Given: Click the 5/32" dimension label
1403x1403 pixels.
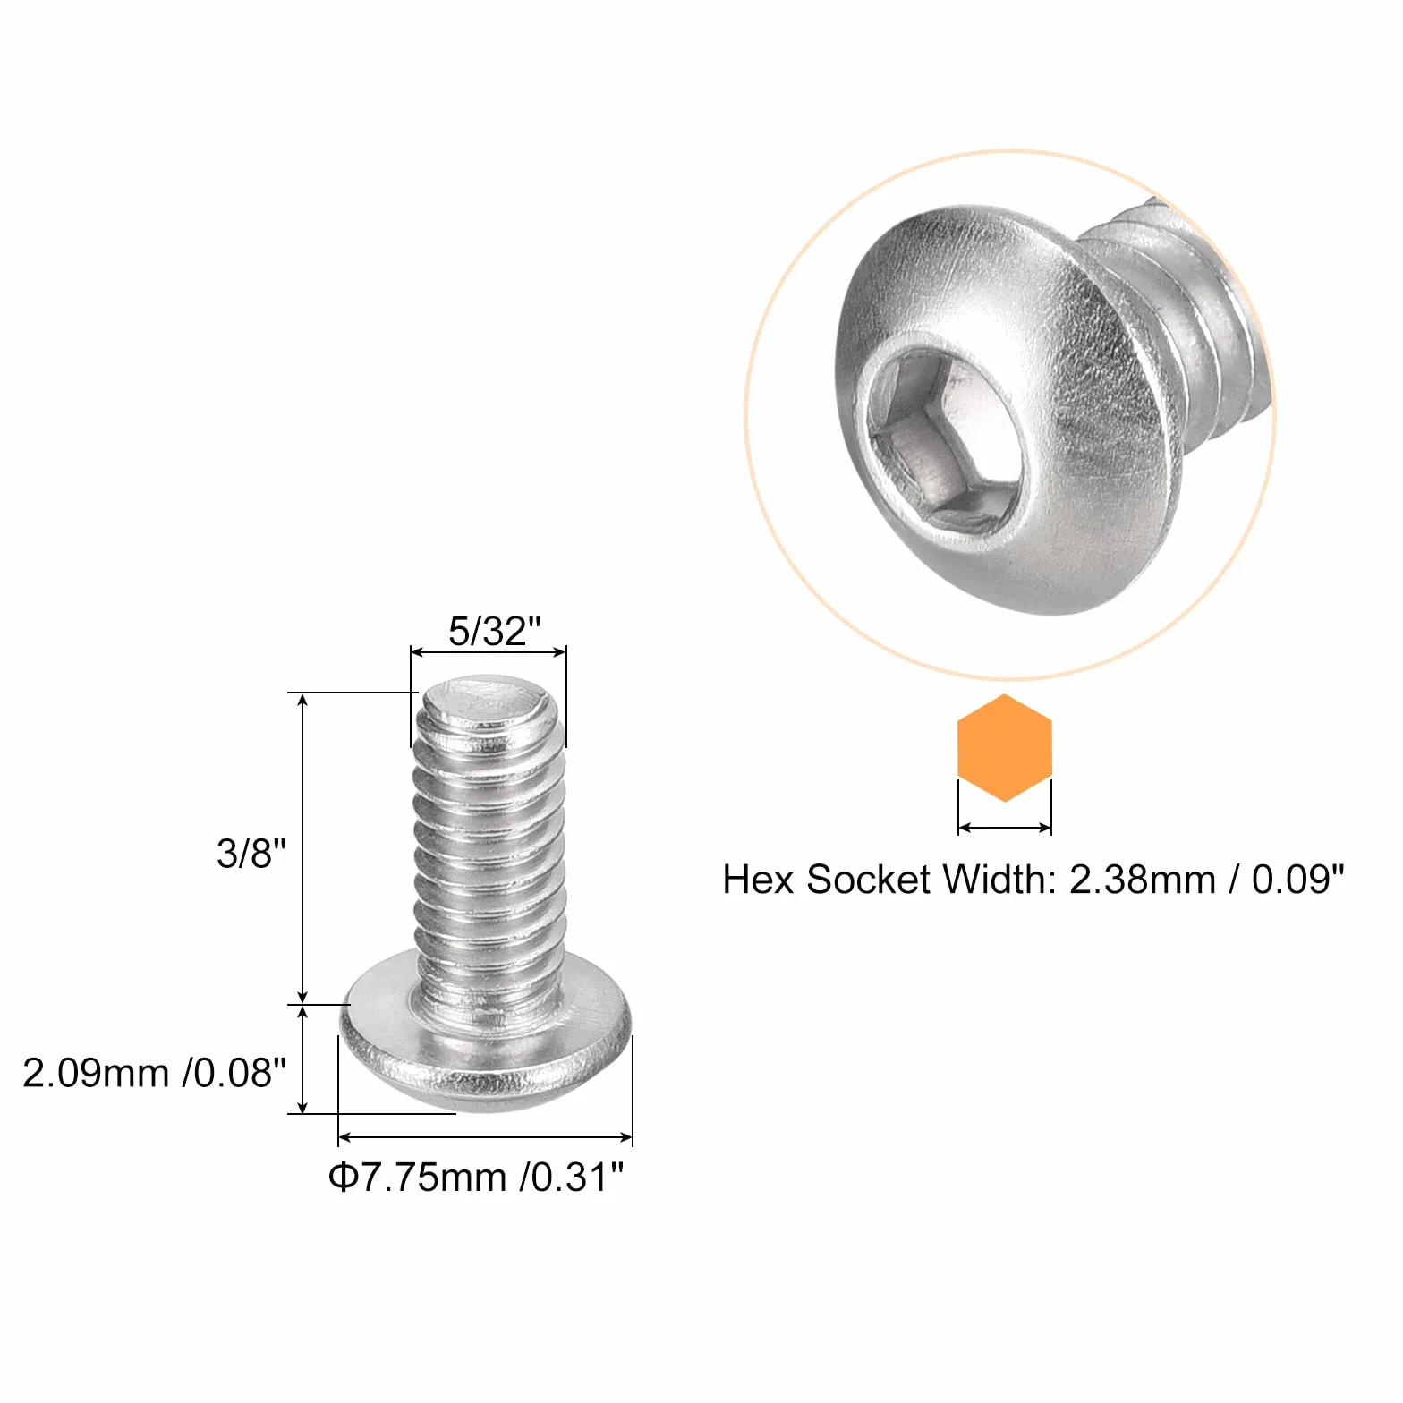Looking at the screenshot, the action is (495, 631).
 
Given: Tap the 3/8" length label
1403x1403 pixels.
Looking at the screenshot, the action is (251, 853).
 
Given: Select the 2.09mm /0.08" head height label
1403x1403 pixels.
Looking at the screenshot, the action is (154, 1073).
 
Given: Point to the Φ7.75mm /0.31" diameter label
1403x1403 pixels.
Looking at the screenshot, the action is (476, 1177).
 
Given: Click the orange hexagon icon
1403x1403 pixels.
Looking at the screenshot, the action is (1005, 748).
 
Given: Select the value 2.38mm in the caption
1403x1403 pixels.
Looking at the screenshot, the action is (1143, 880).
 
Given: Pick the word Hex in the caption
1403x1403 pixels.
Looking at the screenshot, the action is (759, 880).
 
